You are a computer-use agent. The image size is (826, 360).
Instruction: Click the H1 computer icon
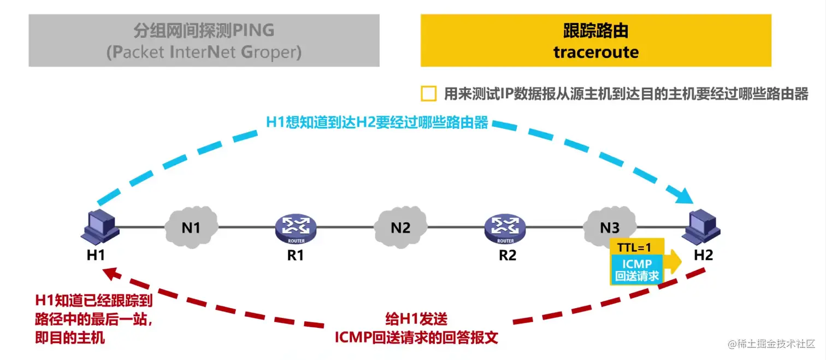[99, 226]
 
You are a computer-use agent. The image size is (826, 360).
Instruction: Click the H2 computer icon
[703, 226]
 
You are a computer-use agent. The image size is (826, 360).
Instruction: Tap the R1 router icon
[296, 228]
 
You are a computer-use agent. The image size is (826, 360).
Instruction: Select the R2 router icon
[505, 228]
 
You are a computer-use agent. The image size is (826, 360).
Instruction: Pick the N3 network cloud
[610, 226]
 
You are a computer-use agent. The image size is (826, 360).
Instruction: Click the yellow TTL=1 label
[637, 246]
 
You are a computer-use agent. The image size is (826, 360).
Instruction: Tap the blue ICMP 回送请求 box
[637, 270]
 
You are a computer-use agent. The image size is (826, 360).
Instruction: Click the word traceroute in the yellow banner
[595, 52]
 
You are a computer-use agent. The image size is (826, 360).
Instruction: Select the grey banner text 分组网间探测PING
[204, 30]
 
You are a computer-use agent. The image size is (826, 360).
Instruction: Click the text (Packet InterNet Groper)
[204, 52]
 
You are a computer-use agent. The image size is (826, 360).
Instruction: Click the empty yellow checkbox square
[429, 94]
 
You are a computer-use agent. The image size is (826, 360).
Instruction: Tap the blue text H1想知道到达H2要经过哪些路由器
[377, 122]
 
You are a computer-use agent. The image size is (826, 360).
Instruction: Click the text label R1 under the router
[296, 255]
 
